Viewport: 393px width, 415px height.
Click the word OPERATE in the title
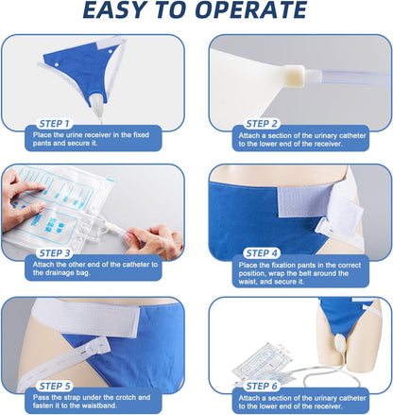250,10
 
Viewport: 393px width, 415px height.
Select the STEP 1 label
54,124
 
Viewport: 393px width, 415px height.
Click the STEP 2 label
262,124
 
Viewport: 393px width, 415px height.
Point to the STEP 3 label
55,253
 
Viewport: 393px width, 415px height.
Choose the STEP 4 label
262,253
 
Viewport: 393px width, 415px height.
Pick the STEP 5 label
55,387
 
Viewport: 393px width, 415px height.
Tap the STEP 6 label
262,387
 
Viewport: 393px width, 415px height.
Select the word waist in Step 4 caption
248,282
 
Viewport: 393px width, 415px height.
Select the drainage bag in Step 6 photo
262,363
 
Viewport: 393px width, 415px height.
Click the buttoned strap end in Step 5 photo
96,347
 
